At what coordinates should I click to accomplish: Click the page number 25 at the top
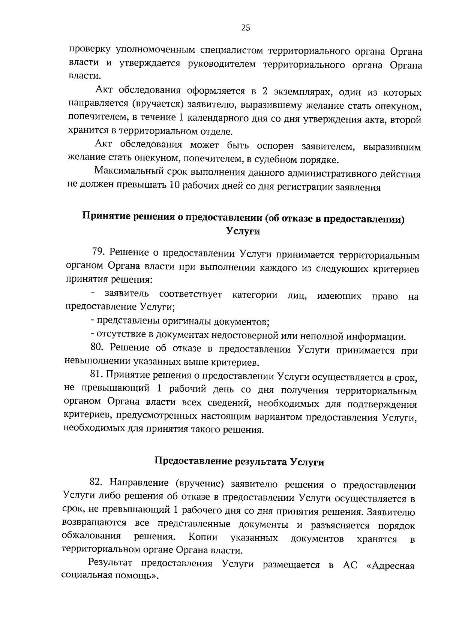click(246, 28)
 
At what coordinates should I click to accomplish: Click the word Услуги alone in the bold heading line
click(243, 231)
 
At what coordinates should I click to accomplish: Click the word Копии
click(203, 537)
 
